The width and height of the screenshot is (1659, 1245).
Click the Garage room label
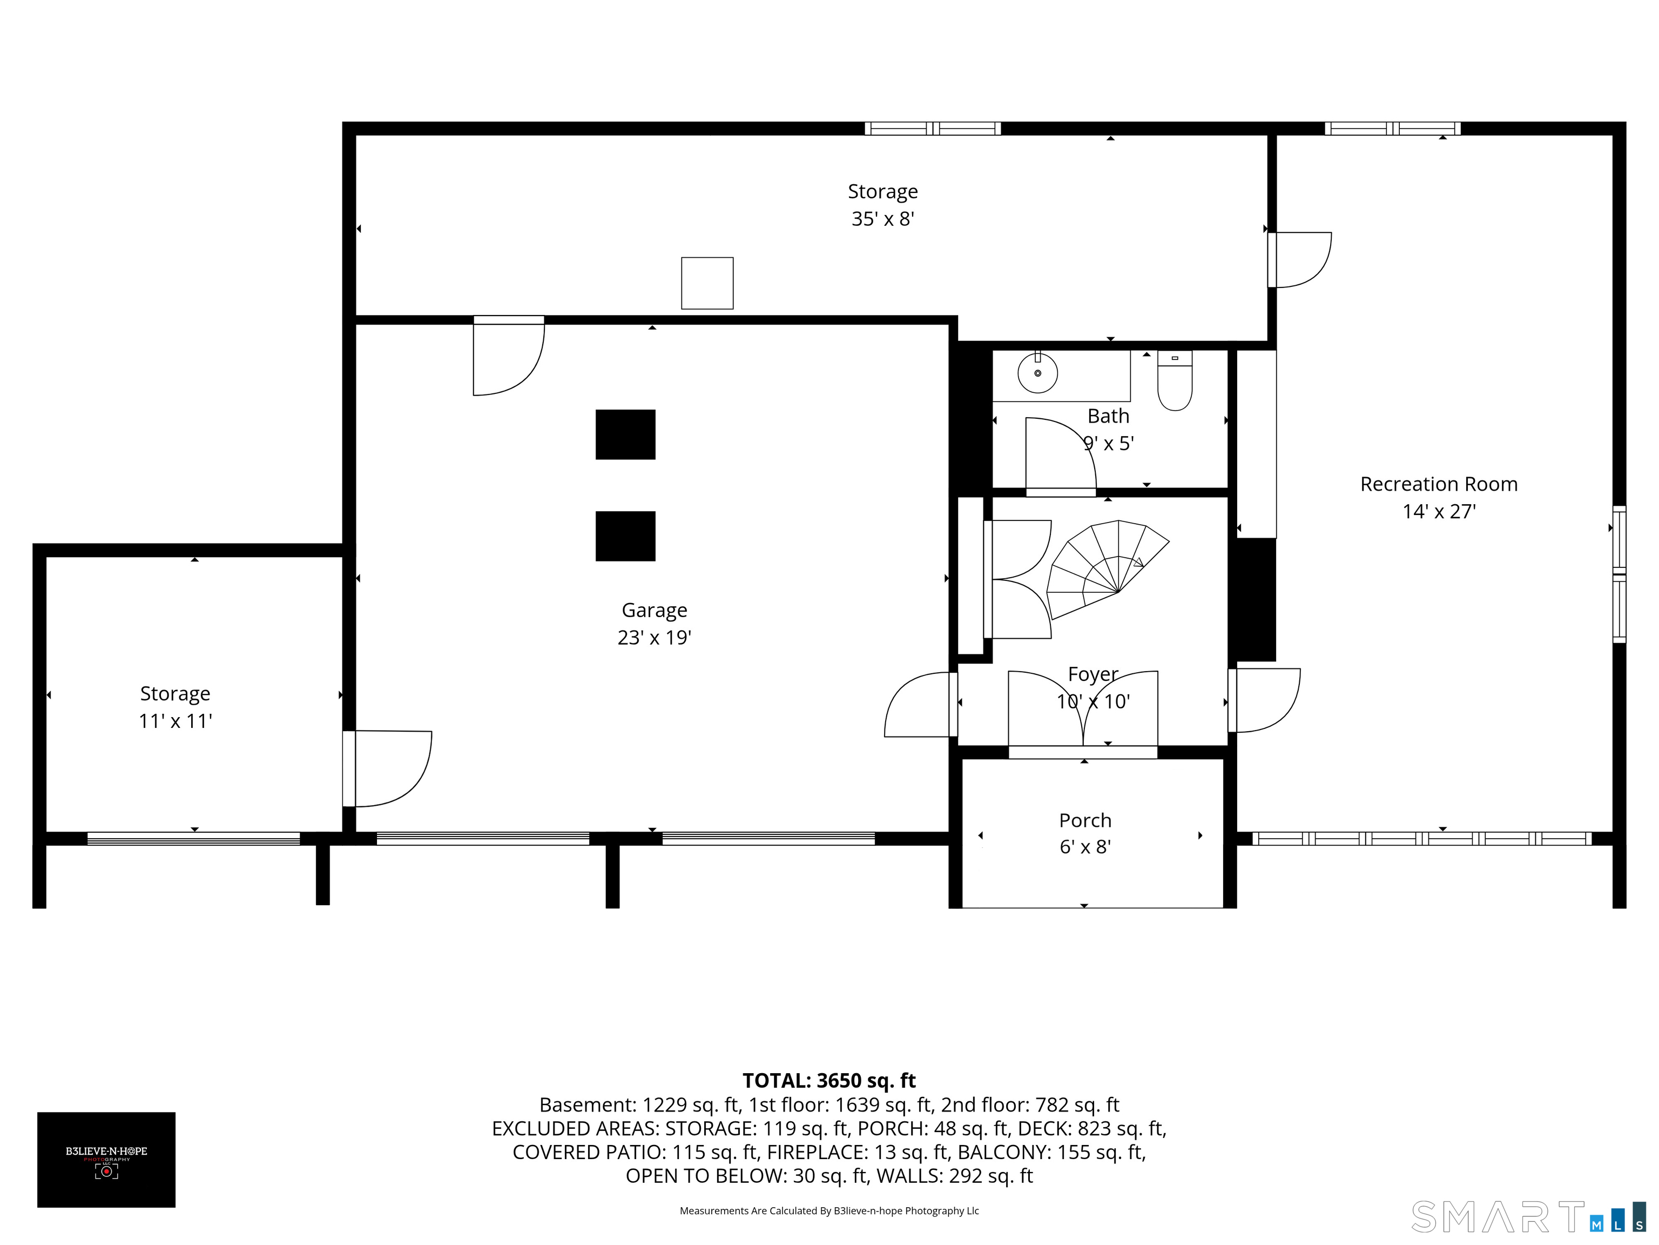[x=654, y=611]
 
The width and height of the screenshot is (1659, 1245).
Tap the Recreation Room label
[x=1439, y=484]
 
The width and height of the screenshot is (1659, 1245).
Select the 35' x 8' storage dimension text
[x=883, y=218]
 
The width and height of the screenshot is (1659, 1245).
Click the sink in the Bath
[x=1037, y=372]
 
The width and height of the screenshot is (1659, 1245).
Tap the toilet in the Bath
[x=1175, y=380]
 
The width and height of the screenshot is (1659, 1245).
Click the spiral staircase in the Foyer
[x=1107, y=569]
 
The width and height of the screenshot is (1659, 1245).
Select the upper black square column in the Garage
[x=625, y=434]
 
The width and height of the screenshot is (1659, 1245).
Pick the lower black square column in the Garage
[x=625, y=536]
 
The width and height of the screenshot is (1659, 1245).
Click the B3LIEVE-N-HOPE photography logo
[x=106, y=1160]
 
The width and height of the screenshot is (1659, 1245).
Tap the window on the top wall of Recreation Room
[x=1393, y=128]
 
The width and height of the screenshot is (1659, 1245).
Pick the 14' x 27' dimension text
[x=1439, y=511]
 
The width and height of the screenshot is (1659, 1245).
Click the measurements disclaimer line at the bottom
[x=829, y=1210]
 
